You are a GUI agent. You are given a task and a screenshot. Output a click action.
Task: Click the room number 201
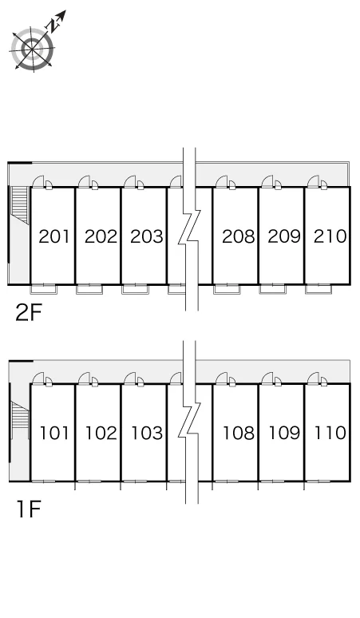[54, 236]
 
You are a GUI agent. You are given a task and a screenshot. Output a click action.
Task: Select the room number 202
[101, 236]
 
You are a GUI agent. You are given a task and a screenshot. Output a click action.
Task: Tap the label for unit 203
[147, 236]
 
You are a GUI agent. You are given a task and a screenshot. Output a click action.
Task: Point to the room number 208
[239, 236]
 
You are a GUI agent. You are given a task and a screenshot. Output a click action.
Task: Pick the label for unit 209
[284, 236]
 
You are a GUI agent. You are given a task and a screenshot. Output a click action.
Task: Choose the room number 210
[330, 236]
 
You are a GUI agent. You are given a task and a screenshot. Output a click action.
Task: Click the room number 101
[54, 433]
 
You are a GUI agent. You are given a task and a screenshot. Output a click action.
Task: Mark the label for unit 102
[101, 433]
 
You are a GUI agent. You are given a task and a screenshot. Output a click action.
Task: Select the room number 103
[147, 433]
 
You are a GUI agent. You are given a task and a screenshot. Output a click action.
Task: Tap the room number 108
[239, 433]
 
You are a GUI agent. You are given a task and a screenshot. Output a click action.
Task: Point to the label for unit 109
[284, 433]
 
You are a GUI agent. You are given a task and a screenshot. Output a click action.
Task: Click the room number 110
[330, 433]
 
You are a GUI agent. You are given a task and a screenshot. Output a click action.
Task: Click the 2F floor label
[29, 312]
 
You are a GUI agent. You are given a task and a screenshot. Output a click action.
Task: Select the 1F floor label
[29, 509]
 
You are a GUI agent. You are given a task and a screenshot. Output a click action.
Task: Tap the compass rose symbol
[32, 49]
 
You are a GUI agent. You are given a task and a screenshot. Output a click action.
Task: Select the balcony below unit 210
[319, 289]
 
